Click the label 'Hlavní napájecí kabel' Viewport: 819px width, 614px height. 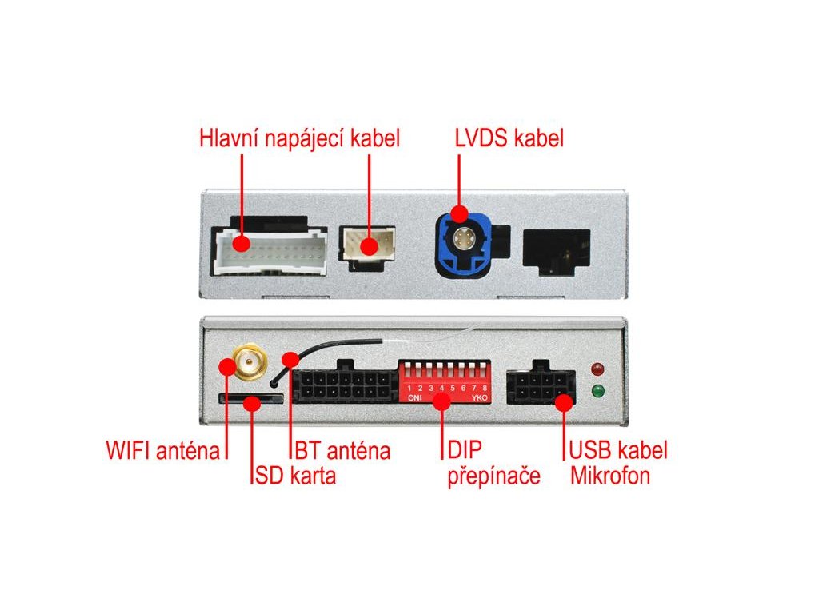coord(299,138)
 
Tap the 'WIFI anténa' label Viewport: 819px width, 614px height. coord(162,450)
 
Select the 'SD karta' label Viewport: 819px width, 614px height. coord(295,476)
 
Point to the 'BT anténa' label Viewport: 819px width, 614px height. coord(342,450)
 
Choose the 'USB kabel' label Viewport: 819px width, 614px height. coord(618,450)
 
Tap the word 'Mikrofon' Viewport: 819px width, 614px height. coord(609,476)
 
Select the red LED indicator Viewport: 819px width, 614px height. coord(596,369)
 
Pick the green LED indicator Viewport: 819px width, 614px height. coord(596,391)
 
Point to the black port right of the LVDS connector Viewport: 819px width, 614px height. coord(557,247)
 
